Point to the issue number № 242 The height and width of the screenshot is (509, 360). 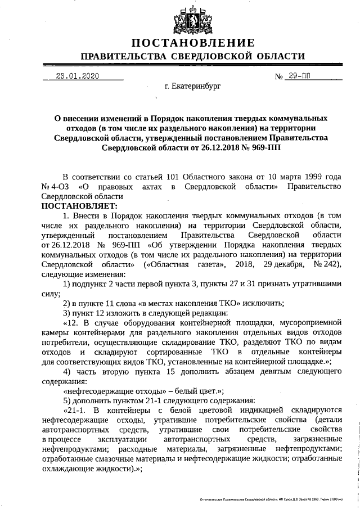(x=328, y=264)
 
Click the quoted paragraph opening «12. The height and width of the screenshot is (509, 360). (x=73, y=322)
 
